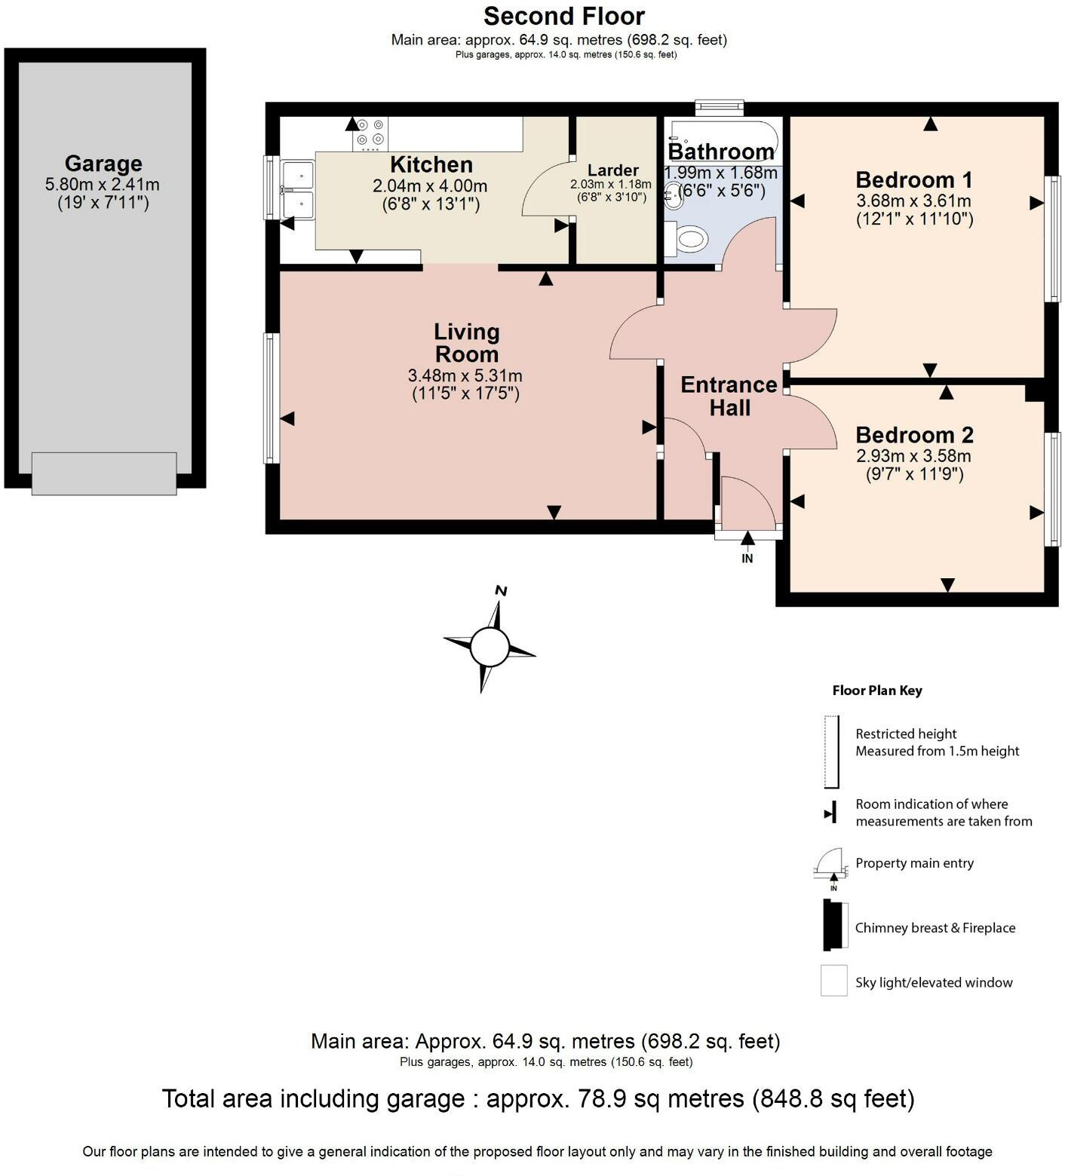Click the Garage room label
(103, 164)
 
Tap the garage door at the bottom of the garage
(104, 473)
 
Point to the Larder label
(612, 170)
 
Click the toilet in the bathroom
(689, 240)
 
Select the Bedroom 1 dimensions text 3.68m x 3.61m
(913, 201)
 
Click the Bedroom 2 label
(914, 435)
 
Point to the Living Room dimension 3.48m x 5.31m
(465, 375)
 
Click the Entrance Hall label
(729, 397)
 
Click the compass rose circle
(490, 645)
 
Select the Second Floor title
(563, 16)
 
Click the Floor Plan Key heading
(876, 691)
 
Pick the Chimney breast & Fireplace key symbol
(833, 925)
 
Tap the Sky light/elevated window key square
(833, 981)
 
